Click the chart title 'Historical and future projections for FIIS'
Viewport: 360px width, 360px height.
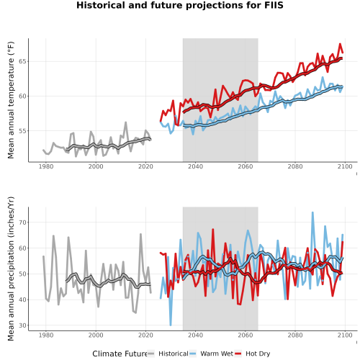point(180,5)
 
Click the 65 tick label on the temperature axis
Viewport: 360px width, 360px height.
point(22,61)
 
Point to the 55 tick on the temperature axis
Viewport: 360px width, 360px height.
point(22,131)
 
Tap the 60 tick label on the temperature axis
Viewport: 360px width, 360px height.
point(22,96)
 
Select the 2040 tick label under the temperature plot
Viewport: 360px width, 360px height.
point(195,166)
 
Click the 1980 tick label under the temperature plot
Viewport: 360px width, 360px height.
point(46,166)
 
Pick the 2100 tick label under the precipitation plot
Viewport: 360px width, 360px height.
point(345,335)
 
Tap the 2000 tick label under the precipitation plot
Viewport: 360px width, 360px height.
point(96,335)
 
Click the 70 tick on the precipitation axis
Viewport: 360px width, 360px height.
point(22,222)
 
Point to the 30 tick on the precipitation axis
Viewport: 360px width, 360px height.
point(22,325)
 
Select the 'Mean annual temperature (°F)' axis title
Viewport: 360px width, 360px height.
point(11,100)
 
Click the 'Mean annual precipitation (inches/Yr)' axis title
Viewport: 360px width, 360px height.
point(11,269)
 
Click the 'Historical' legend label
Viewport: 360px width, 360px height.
point(174,354)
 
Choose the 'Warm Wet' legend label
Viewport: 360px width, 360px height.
point(217,354)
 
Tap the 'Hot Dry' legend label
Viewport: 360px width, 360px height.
point(258,354)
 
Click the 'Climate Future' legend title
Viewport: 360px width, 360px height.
point(120,354)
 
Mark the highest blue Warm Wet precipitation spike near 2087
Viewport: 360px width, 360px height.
point(312,212)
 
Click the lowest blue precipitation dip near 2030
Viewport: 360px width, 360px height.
point(171,325)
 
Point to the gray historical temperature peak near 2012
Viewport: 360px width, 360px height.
point(125,122)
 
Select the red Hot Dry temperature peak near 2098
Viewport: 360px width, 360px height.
point(340,44)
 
